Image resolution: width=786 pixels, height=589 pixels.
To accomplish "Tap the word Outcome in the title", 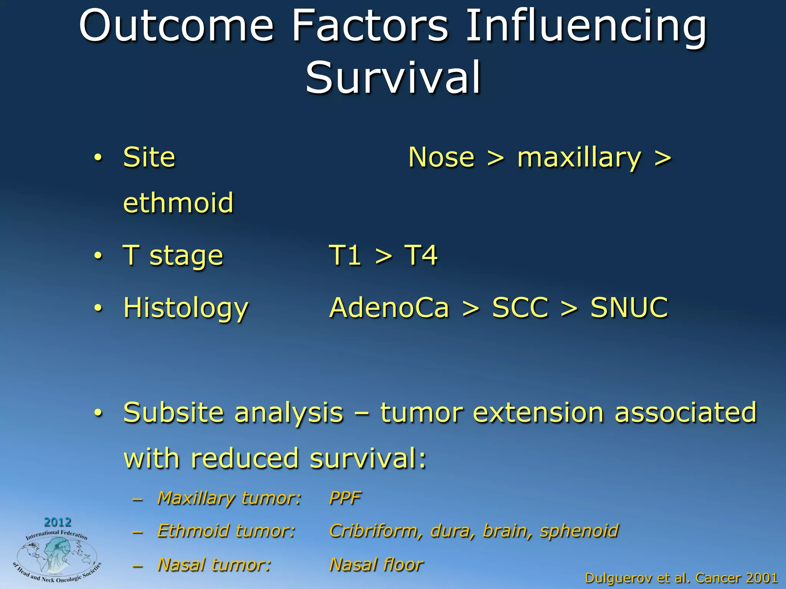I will [176, 26].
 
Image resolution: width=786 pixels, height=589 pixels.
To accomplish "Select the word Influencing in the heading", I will [586, 26].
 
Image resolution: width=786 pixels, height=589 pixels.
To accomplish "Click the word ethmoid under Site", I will [178, 202].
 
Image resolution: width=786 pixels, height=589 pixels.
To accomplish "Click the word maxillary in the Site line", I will [579, 158].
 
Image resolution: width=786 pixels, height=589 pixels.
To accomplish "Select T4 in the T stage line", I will [421, 255].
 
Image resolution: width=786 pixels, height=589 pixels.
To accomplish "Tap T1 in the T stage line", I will [345, 255].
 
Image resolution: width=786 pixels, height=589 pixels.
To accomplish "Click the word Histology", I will [186, 308].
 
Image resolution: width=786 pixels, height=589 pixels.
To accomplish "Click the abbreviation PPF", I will [345, 498].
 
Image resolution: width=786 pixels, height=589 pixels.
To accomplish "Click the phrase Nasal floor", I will [376, 564].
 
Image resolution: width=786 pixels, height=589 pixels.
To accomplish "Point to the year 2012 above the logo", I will [58, 522].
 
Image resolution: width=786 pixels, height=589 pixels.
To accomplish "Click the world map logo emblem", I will [57, 556].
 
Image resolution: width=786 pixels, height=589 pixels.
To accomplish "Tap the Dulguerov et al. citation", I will [681, 578].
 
